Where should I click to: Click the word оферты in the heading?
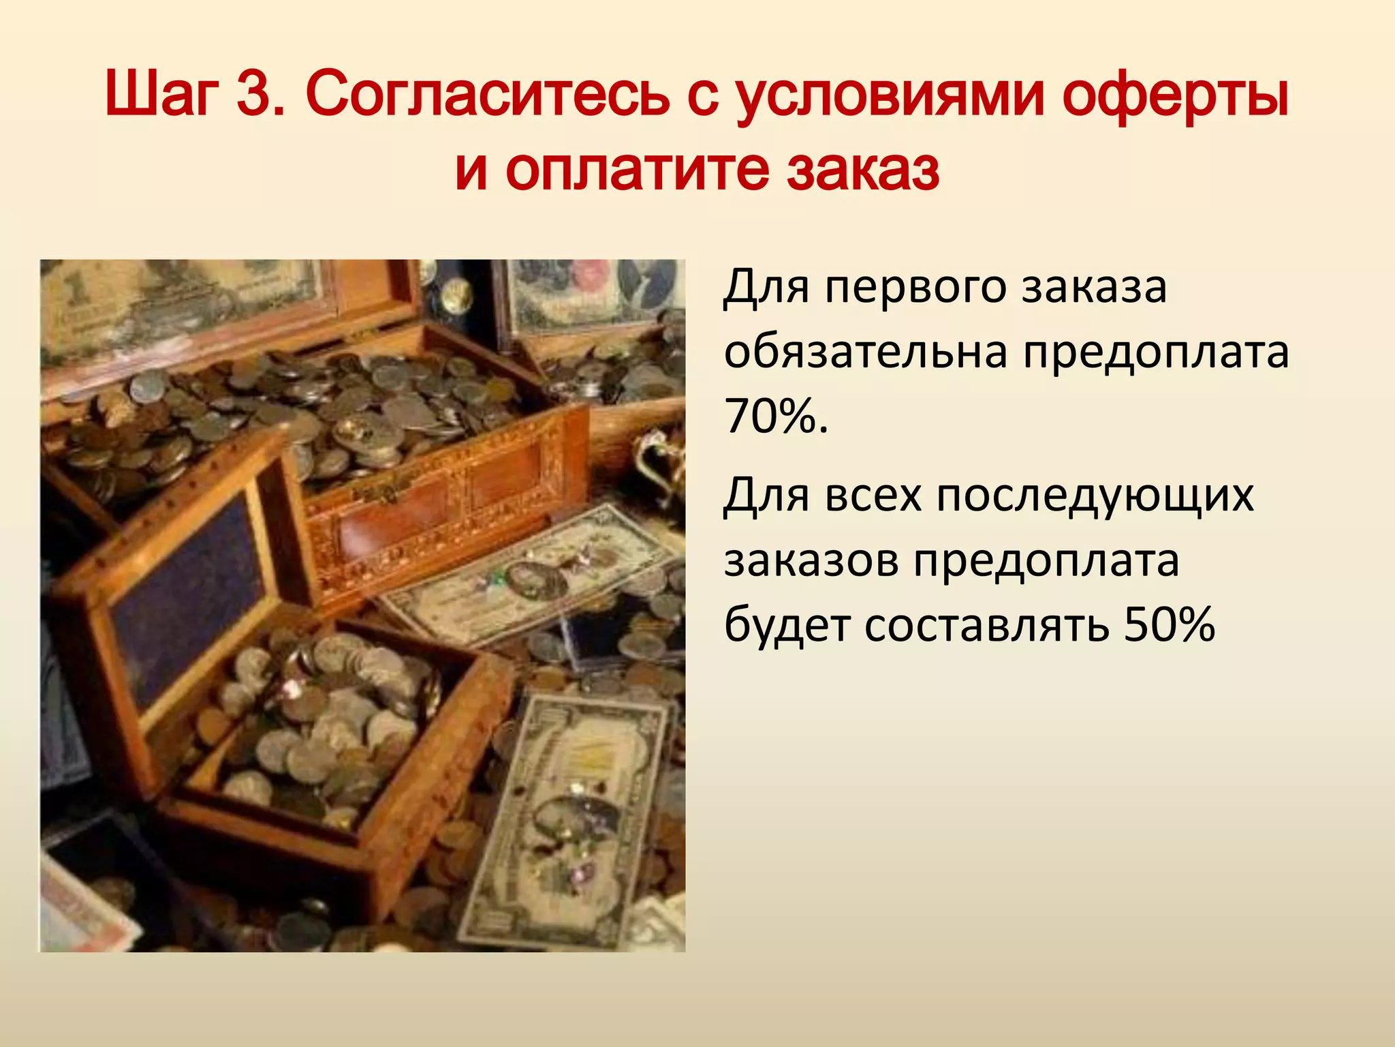(x=1176, y=95)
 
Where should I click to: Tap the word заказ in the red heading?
(x=863, y=170)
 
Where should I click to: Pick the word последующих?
(x=1095, y=497)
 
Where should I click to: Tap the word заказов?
(x=811, y=561)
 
